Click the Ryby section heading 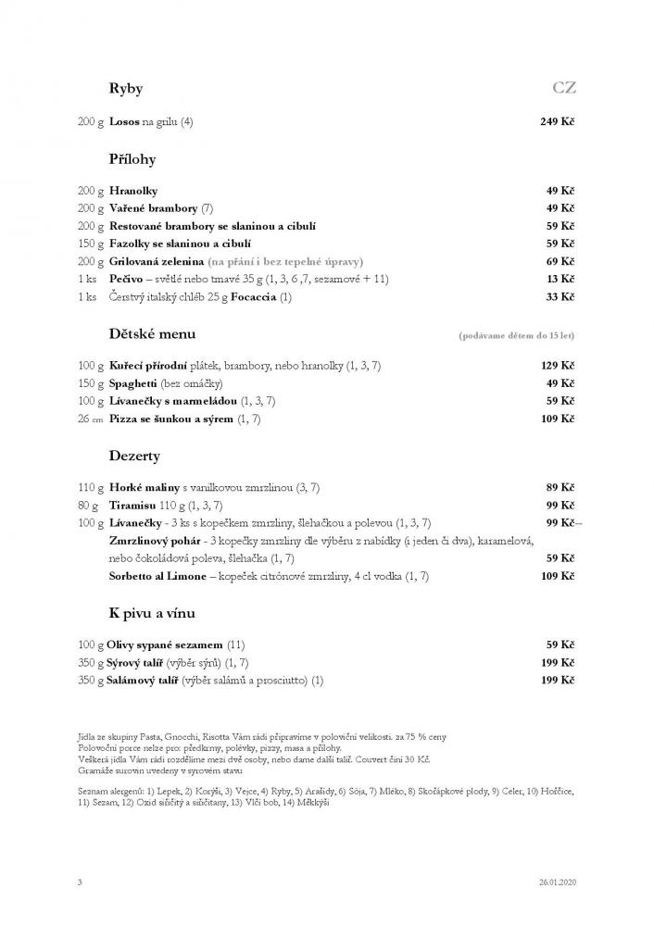pyautogui.click(x=125, y=89)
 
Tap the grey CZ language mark pyautogui.click(x=564, y=89)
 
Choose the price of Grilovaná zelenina pyautogui.click(x=560, y=261)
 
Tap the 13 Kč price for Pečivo pyautogui.click(x=560, y=279)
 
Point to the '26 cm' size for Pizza pyautogui.click(x=91, y=419)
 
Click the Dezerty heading pyautogui.click(x=134, y=456)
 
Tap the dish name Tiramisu pyautogui.click(x=133, y=506)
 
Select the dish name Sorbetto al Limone pyautogui.click(x=158, y=576)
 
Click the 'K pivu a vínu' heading pyautogui.click(x=152, y=612)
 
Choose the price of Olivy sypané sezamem pyautogui.click(x=560, y=644)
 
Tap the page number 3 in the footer pyautogui.click(x=80, y=882)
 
